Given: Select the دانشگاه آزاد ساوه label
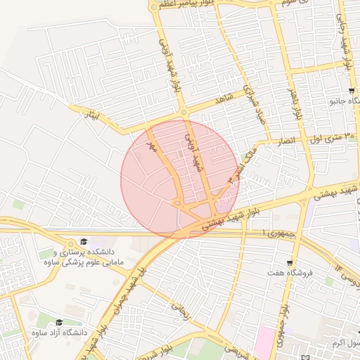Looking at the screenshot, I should [65, 332].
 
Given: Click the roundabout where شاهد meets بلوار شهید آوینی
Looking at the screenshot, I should [184, 112].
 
